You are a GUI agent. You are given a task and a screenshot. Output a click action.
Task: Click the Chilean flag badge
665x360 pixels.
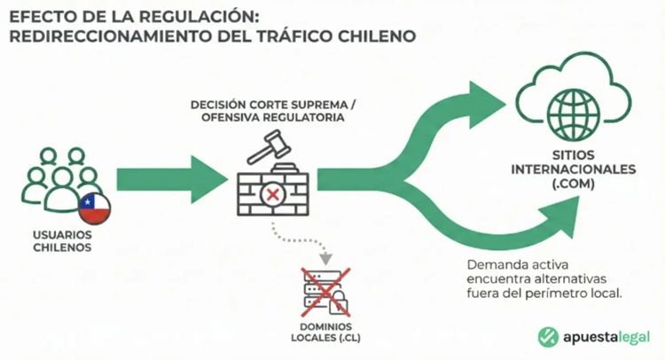point(95,208)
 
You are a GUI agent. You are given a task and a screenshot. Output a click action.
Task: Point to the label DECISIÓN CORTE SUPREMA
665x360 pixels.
point(262,104)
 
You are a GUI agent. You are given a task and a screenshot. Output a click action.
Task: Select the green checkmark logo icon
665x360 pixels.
point(549,337)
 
